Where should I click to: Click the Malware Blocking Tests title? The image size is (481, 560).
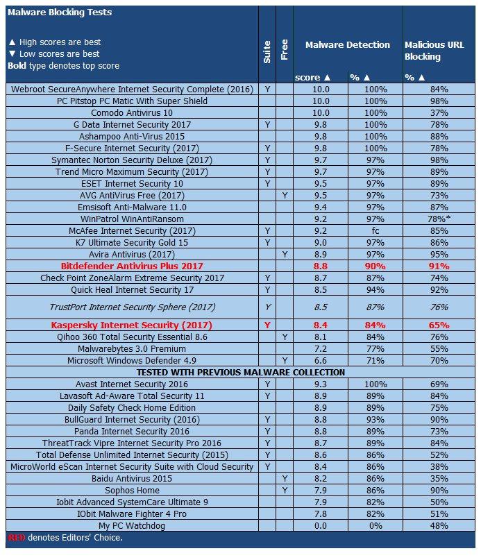pos(58,12)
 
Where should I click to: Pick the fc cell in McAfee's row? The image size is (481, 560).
pos(375,230)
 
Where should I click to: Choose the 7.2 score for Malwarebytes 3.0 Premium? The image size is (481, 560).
pos(319,348)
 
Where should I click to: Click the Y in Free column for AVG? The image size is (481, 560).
pos(285,195)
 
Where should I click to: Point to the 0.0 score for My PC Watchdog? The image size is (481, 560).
pos(319,525)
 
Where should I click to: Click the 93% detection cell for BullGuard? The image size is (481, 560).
pos(375,419)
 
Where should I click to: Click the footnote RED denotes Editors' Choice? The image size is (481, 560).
pos(65,538)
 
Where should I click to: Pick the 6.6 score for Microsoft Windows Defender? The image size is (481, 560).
pos(319,360)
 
